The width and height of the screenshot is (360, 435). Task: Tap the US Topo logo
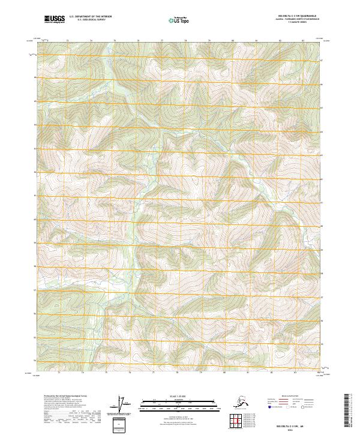coord(179,20)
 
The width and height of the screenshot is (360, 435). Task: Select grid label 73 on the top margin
coord(67,40)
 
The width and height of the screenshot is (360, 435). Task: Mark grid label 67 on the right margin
coord(322,61)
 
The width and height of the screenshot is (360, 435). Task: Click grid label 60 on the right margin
coord(322,226)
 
